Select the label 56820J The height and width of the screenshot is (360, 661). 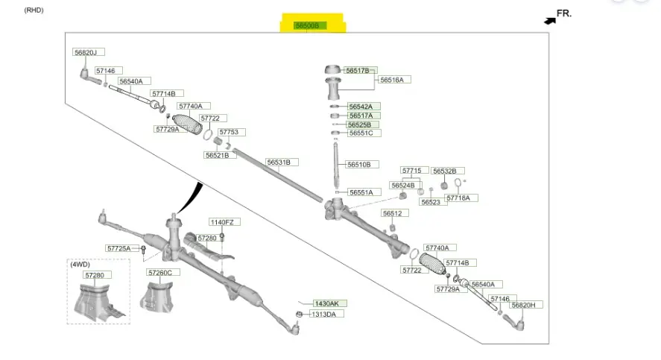(x=89, y=52)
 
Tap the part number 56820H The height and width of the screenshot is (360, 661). (x=527, y=305)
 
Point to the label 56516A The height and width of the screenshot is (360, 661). (x=396, y=80)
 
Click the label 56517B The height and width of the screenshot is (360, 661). (x=358, y=70)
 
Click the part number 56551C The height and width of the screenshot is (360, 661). (x=364, y=133)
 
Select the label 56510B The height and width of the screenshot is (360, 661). (x=363, y=165)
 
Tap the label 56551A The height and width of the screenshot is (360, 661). (x=365, y=192)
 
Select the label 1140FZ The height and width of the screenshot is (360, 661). (x=224, y=222)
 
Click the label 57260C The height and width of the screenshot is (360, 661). (x=159, y=273)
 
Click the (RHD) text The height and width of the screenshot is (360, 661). (x=34, y=10)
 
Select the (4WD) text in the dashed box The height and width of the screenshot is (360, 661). (x=80, y=265)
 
